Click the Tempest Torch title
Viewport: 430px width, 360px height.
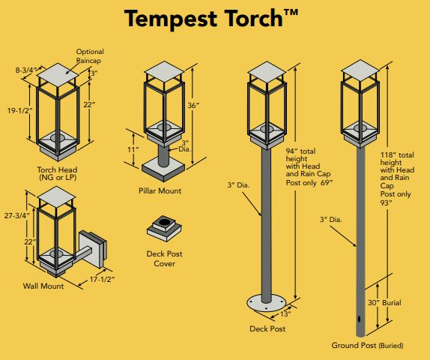pos(211,19)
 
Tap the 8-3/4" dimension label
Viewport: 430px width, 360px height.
pos(26,70)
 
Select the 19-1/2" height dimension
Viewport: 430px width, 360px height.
pos(19,111)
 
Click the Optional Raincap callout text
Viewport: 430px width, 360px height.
pos(90,56)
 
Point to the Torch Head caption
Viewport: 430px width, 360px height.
pos(57,173)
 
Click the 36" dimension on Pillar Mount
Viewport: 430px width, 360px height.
pos(193,106)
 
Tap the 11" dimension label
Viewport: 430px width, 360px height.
pos(133,150)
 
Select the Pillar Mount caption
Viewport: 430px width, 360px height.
pos(160,190)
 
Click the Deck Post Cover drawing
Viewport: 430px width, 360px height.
pos(164,228)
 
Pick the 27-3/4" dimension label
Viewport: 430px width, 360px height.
pos(16,216)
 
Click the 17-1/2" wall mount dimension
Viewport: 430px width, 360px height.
pos(102,280)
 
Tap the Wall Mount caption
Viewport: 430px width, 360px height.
pos(43,286)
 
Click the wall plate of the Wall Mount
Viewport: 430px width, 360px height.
pos(93,249)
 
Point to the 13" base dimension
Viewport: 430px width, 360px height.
pos(285,313)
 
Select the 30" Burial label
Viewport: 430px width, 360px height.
pos(384,302)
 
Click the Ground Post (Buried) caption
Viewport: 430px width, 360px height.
pos(368,345)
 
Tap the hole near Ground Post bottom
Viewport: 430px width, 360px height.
pos(359,319)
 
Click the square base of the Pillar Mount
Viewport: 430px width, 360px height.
pos(163,170)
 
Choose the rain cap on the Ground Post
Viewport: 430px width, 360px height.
pos(360,70)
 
